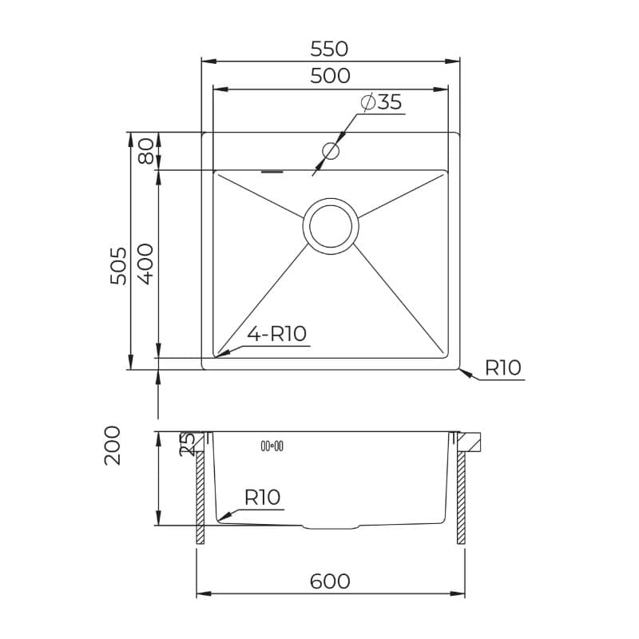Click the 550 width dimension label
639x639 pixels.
pyautogui.click(x=329, y=49)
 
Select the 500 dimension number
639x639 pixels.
pyautogui.click(x=330, y=76)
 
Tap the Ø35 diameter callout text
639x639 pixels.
pyautogui.click(x=382, y=102)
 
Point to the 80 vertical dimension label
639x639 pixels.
pyautogui.click(x=146, y=151)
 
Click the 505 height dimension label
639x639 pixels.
pyautogui.click(x=118, y=266)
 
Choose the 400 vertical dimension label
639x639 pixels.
pyautogui.click(x=145, y=264)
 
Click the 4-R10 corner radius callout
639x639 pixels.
pyautogui.click(x=276, y=334)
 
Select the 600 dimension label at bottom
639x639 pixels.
pyautogui.click(x=330, y=581)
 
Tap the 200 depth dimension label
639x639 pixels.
pyautogui.click(x=113, y=446)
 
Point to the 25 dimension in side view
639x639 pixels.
pyautogui.click(x=188, y=445)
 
